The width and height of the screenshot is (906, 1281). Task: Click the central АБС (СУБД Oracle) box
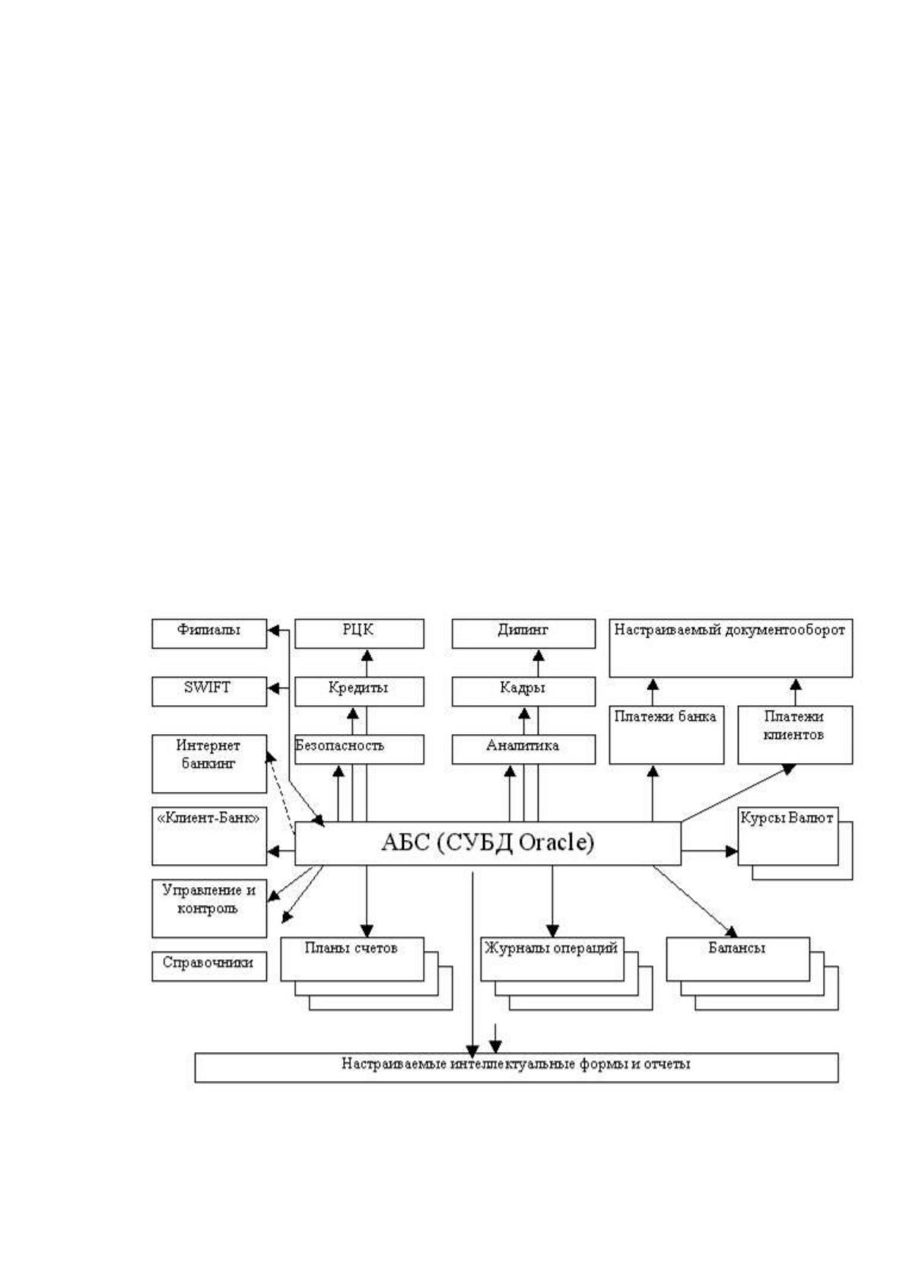pyautogui.click(x=488, y=843)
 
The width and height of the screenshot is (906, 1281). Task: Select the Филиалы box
pyautogui.click(x=209, y=633)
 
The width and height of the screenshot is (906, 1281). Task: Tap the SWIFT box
pyautogui.click(x=209, y=691)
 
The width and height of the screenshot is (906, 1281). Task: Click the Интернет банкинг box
pyautogui.click(x=209, y=764)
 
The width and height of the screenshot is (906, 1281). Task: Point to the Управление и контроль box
pyautogui.click(x=209, y=908)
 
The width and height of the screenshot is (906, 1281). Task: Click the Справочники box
pyautogui.click(x=209, y=966)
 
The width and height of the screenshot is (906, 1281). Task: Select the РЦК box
pyautogui.click(x=359, y=633)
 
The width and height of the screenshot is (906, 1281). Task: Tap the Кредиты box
pyautogui.click(x=359, y=691)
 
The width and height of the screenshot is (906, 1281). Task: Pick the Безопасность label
pyautogui.click(x=339, y=745)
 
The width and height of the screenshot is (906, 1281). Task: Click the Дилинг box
pyautogui.click(x=523, y=633)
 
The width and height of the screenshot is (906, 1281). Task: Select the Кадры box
pyautogui.click(x=523, y=691)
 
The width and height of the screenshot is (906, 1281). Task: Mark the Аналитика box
pyautogui.click(x=523, y=749)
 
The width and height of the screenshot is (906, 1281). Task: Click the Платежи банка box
pyautogui.click(x=666, y=735)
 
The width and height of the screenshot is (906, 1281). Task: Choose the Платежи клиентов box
pyautogui.click(x=795, y=735)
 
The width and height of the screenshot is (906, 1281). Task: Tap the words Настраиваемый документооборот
pyautogui.click(x=730, y=630)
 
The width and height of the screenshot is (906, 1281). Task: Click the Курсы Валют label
pyautogui.click(x=787, y=818)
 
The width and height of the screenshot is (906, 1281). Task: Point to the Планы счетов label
pyautogui.click(x=351, y=948)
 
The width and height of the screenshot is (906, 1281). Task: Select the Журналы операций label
pyautogui.click(x=552, y=948)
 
